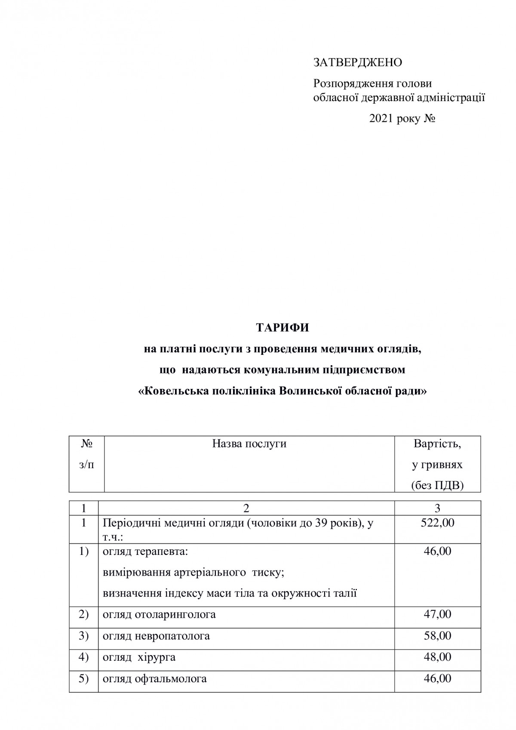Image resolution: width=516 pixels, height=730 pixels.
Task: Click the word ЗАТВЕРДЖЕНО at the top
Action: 358,63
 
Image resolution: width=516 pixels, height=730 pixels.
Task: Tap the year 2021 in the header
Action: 381,119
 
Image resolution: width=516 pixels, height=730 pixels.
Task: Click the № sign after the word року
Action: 430,119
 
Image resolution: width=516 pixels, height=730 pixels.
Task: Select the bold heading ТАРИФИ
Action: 283,328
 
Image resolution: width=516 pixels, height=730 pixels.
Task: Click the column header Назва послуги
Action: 249,444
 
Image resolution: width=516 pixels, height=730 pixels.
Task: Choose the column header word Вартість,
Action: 437,444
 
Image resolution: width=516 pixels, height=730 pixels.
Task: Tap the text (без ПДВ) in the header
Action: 437,485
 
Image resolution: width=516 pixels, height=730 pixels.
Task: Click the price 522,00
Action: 437,523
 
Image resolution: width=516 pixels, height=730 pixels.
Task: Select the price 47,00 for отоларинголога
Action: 437,614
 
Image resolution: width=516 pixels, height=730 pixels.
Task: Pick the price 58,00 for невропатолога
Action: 437,635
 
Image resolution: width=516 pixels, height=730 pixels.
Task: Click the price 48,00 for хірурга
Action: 437,657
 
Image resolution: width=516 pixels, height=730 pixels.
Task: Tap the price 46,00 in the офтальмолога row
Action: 437,678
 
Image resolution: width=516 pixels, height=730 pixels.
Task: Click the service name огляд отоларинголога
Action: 159,614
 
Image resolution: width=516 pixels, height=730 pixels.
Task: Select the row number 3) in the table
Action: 84,635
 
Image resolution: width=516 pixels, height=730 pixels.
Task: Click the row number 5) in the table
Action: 84,678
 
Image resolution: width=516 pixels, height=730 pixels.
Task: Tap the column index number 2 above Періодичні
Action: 246,508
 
